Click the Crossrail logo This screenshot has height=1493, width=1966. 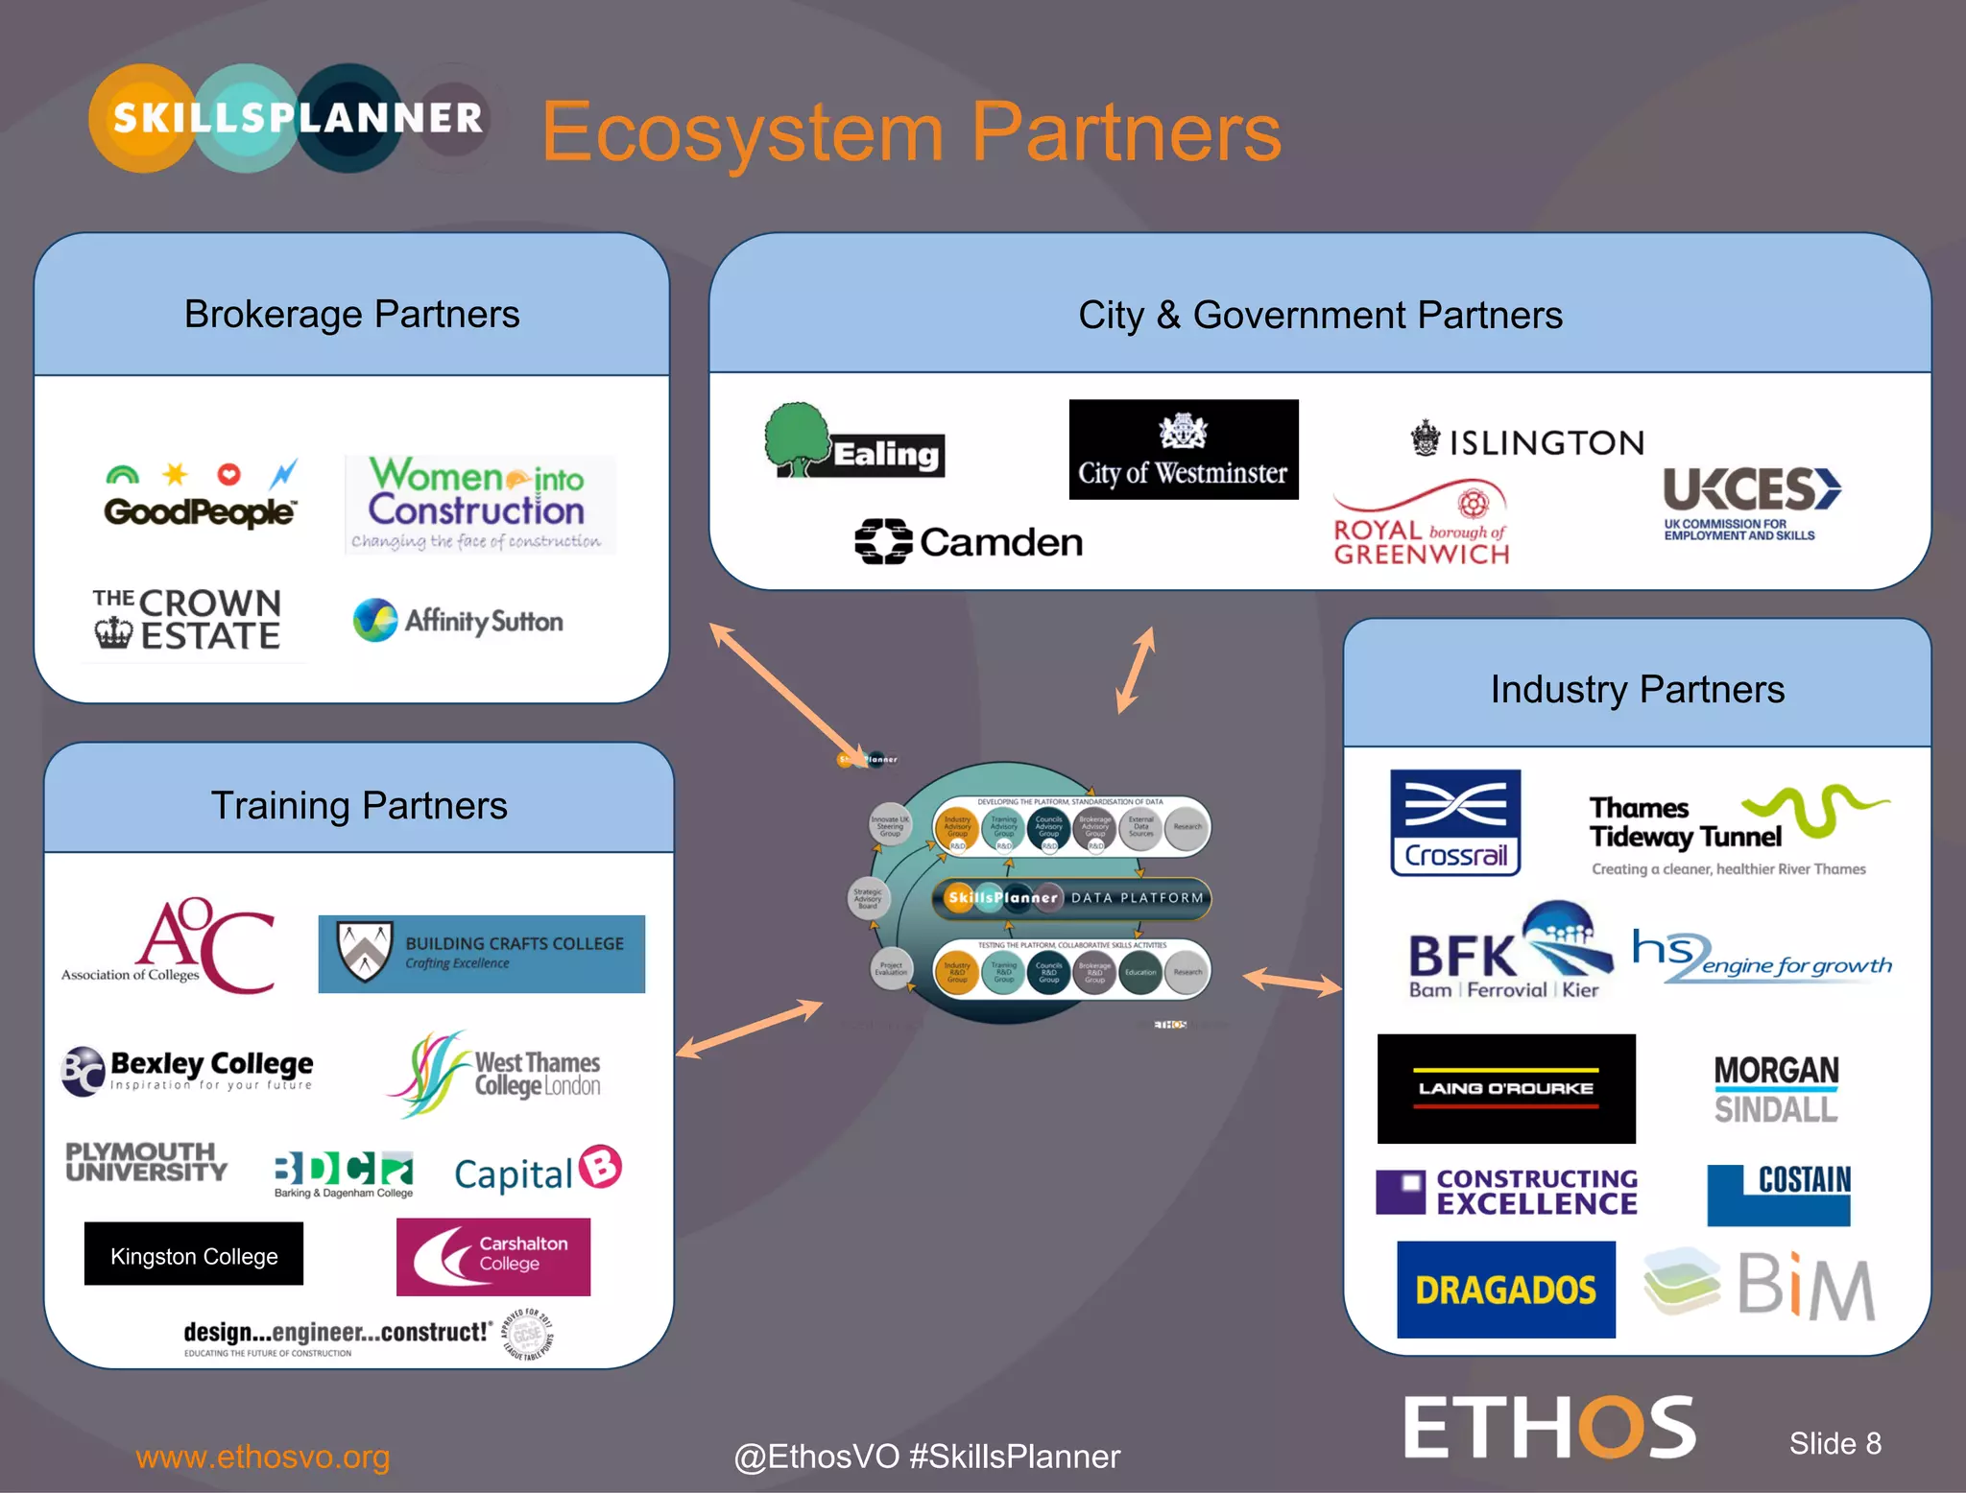tap(1455, 822)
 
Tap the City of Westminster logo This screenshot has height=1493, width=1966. tap(1183, 450)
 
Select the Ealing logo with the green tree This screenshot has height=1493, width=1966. tap(854, 443)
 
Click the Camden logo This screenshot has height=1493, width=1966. tap(969, 542)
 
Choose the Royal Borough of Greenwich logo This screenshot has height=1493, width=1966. tap(1421, 526)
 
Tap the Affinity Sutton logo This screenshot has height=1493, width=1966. tap(458, 621)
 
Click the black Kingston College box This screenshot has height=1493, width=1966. tap(194, 1254)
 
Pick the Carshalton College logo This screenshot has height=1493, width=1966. tap(493, 1257)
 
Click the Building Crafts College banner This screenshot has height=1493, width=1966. tap(482, 954)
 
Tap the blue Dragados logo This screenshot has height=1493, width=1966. tap(1505, 1290)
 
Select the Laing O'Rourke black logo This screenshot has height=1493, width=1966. tap(1506, 1088)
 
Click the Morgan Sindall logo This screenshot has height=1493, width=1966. tap(1776, 1089)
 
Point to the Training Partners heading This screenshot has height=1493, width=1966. tap(359, 806)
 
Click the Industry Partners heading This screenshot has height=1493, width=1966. tap(1637, 689)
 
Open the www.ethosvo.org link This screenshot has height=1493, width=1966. tap(263, 1457)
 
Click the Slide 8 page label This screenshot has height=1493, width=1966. tap(1834, 1443)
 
